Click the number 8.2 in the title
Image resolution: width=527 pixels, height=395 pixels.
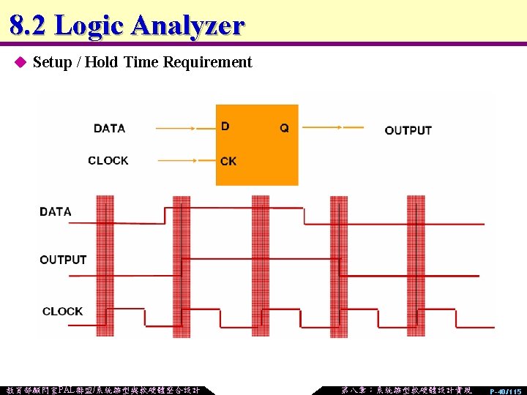click(x=29, y=26)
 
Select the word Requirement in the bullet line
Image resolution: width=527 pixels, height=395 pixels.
click(x=208, y=62)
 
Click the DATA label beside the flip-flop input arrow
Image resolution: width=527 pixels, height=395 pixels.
click(x=109, y=128)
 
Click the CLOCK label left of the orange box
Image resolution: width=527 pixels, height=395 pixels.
click(x=108, y=160)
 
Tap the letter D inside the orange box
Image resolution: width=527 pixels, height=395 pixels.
click(x=225, y=126)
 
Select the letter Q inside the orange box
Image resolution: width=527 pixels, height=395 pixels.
click(x=284, y=128)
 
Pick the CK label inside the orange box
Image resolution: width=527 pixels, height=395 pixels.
click(x=228, y=161)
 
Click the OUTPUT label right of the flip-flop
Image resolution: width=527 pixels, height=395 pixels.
click(x=408, y=130)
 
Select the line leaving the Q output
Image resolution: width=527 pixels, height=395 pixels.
click(x=333, y=127)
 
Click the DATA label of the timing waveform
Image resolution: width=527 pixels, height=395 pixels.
click(x=56, y=211)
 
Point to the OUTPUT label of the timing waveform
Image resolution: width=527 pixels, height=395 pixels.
click(x=63, y=260)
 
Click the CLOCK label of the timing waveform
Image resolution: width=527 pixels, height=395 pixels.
click(x=62, y=311)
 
